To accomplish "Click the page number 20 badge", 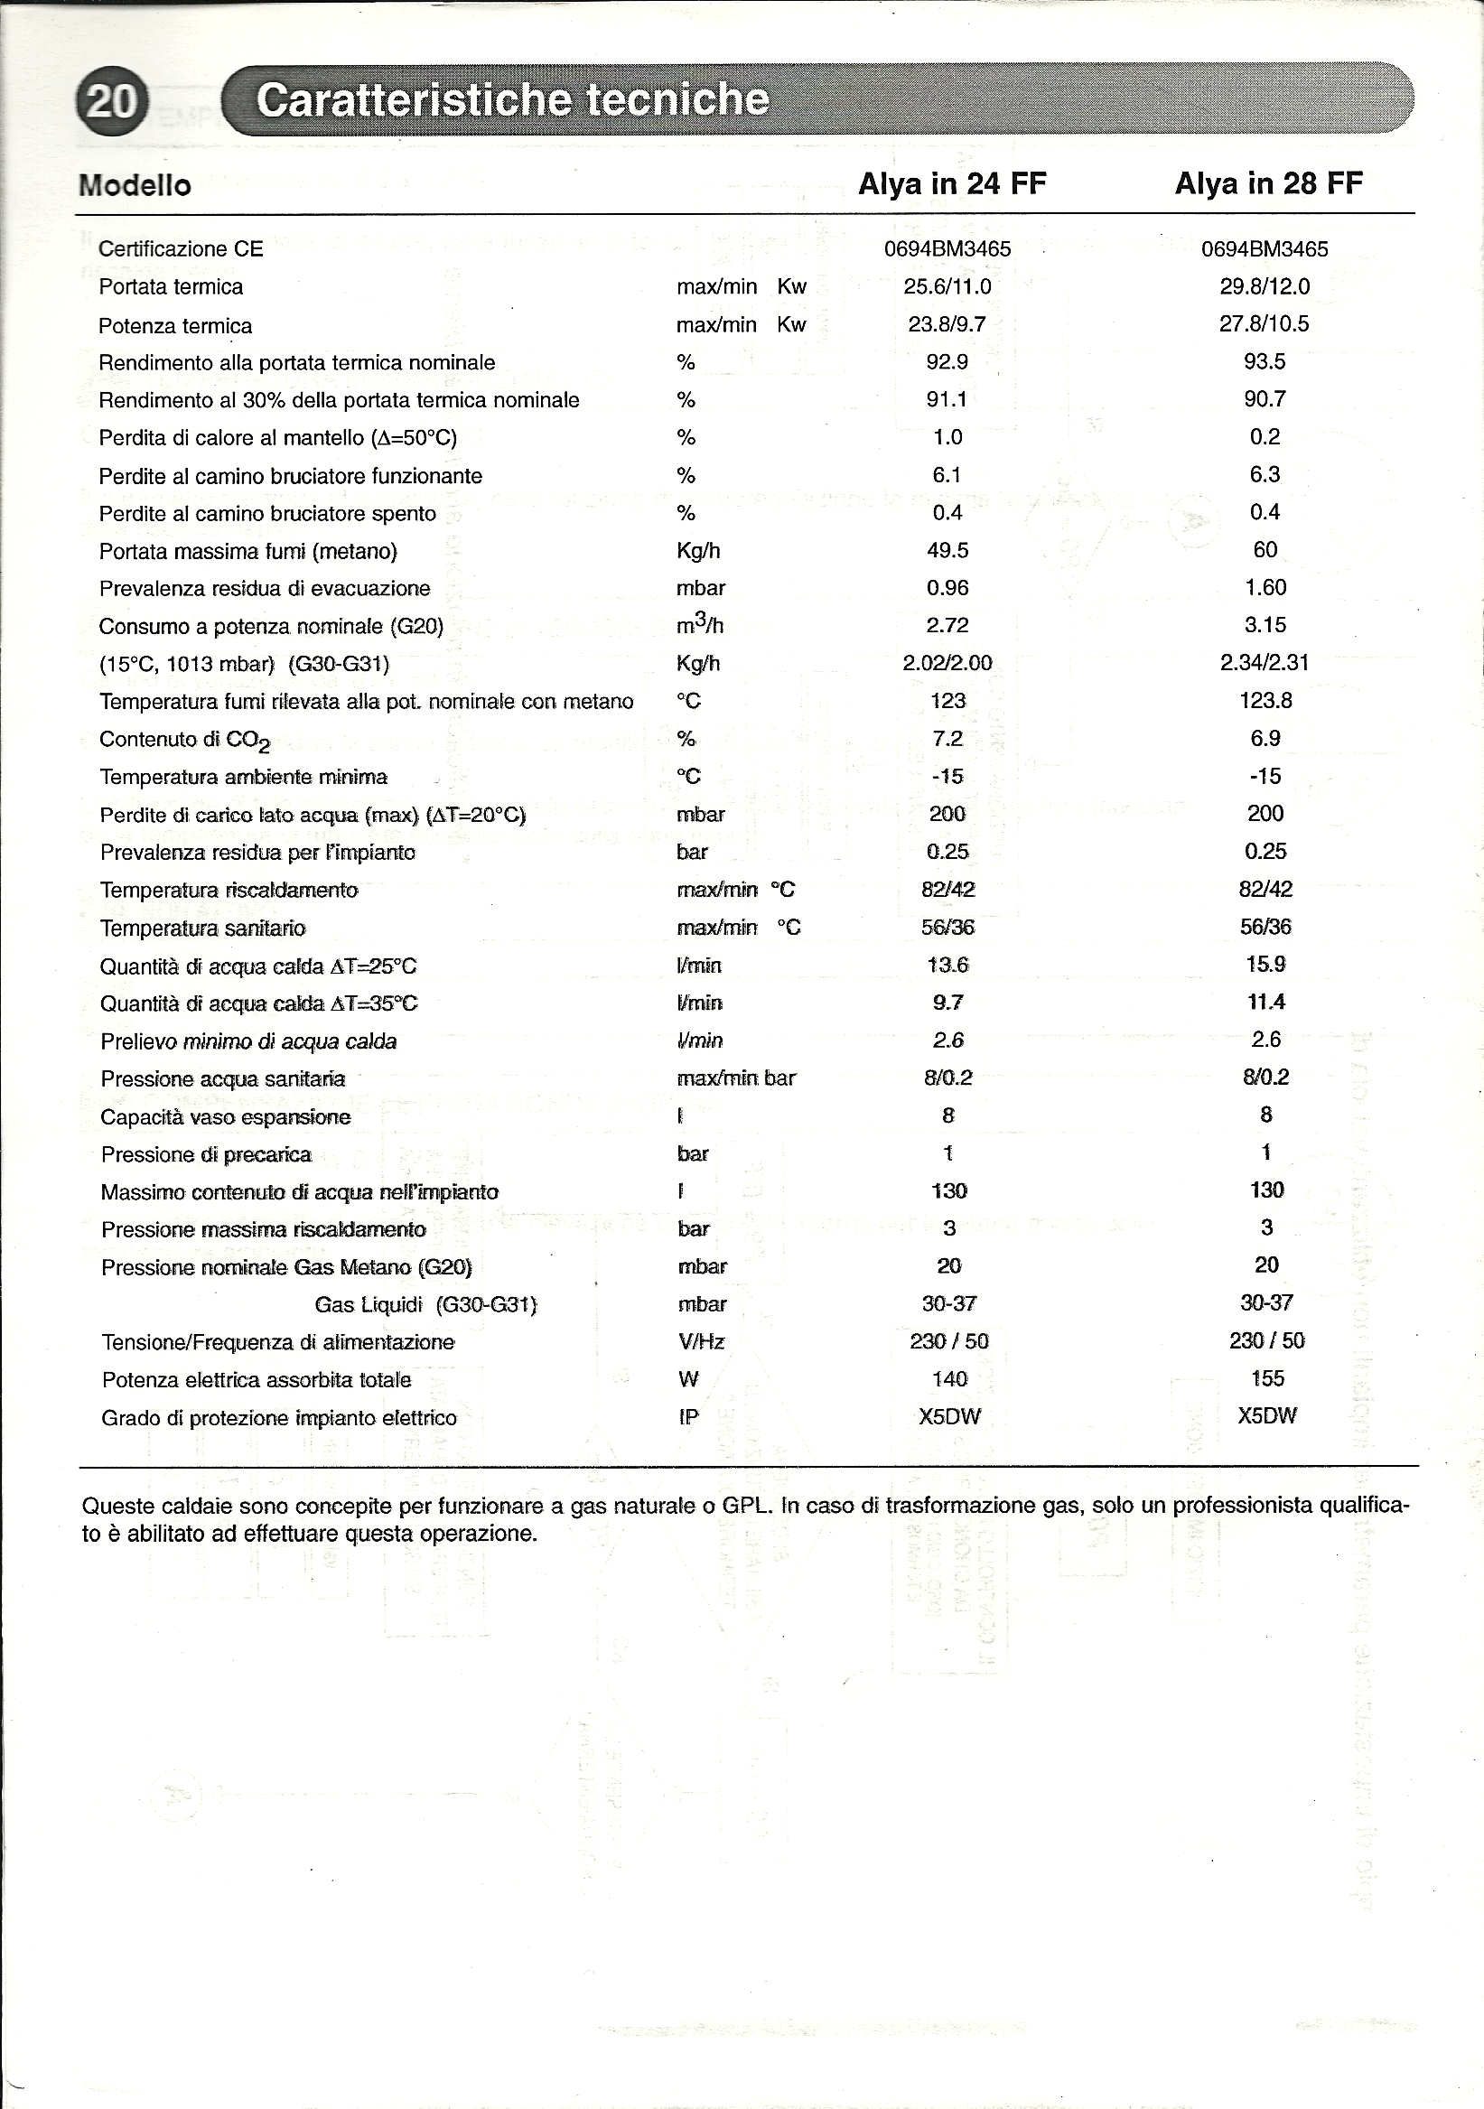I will pyautogui.click(x=111, y=100).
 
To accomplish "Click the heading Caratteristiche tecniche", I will pyautogui.click(x=511, y=99).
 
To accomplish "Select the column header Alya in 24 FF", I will pyautogui.click(x=951, y=183).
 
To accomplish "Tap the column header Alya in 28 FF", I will pyautogui.click(x=1268, y=183).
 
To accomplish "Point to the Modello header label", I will pyautogui.click(x=135, y=185).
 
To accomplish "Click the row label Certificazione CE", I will pyautogui.click(x=181, y=249).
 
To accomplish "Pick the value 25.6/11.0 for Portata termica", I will pyautogui.click(x=947, y=286).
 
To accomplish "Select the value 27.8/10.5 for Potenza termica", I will pyautogui.click(x=1265, y=323).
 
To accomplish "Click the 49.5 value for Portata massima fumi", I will pyautogui.click(x=947, y=550).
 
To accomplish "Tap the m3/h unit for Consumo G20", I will pyautogui.click(x=700, y=625).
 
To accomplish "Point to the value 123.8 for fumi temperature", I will pyautogui.click(x=1265, y=700).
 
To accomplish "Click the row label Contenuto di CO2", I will pyautogui.click(x=183, y=741).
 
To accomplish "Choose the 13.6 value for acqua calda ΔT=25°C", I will pyautogui.click(x=947, y=965).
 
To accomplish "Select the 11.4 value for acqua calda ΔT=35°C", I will pyautogui.click(x=1265, y=1002).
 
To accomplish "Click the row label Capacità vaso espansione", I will pyautogui.click(x=226, y=1117).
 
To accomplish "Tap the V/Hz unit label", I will pyautogui.click(x=702, y=1342).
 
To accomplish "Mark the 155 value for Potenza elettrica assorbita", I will pyautogui.click(x=1267, y=1377).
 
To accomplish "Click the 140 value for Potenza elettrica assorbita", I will pyautogui.click(x=949, y=1378).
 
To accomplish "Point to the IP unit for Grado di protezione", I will pyautogui.click(x=689, y=1417).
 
